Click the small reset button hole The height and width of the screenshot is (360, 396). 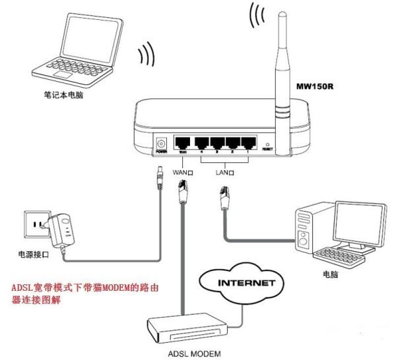(267, 143)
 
